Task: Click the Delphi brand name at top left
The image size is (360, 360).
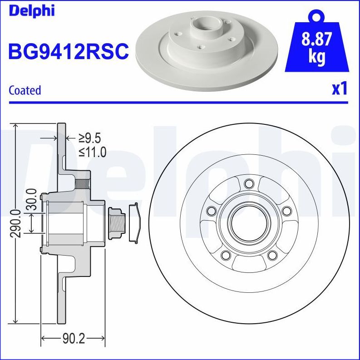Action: click(x=31, y=10)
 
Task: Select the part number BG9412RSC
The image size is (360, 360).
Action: click(x=68, y=51)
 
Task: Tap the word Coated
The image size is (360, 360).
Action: click(x=25, y=90)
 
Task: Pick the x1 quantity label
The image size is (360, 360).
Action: click(x=339, y=89)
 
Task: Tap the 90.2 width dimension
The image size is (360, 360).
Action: click(x=73, y=338)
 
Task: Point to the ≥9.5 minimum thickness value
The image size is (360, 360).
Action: click(x=89, y=138)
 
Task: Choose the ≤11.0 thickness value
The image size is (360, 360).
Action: click(x=92, y=152)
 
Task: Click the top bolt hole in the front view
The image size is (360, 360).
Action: click(x=248, y=183)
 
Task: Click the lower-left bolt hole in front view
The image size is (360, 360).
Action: click(x=225, y=256)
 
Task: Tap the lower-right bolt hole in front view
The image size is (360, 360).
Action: click(x=272, y=256)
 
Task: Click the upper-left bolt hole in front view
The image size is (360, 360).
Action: click(x=211, y=211)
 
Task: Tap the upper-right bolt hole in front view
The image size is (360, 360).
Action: click(x=286, y=211)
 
